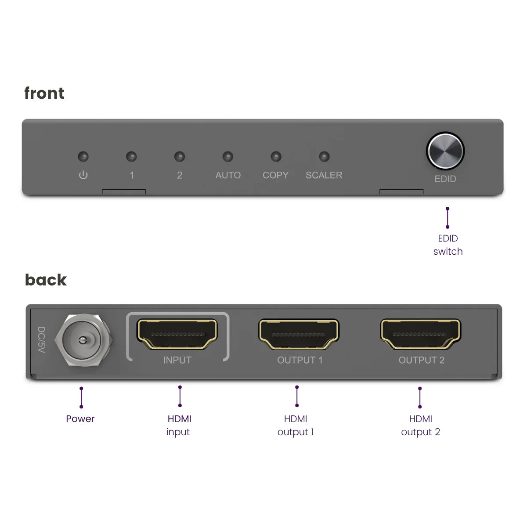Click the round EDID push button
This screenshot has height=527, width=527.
point(445,151)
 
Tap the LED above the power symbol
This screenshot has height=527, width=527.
point(83,156)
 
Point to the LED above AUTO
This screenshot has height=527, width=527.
point(227,156)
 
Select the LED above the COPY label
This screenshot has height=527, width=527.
point(276,156)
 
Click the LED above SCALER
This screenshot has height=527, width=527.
point(324,156)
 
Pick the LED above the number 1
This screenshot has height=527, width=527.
point(131,156)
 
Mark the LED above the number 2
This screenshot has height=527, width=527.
point(179,156)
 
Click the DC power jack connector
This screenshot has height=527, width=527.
point(82,340)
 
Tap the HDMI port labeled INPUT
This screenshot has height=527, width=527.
point(177,334)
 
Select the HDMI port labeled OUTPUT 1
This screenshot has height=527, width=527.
point(299,334)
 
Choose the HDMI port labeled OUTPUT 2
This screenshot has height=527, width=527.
point(420,334)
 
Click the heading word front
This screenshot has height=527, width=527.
point(44,93)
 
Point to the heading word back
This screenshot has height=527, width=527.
point(46,280)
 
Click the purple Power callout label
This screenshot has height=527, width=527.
point(80,419)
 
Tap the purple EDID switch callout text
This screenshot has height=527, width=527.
point(448,245)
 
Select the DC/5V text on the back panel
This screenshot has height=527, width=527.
point(41,340)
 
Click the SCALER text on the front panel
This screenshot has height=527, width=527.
point(324,175)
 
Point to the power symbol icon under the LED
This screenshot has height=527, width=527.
point(83,175)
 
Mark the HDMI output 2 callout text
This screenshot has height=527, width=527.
point(420,425)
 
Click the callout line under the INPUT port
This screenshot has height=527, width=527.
point(180,396)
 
